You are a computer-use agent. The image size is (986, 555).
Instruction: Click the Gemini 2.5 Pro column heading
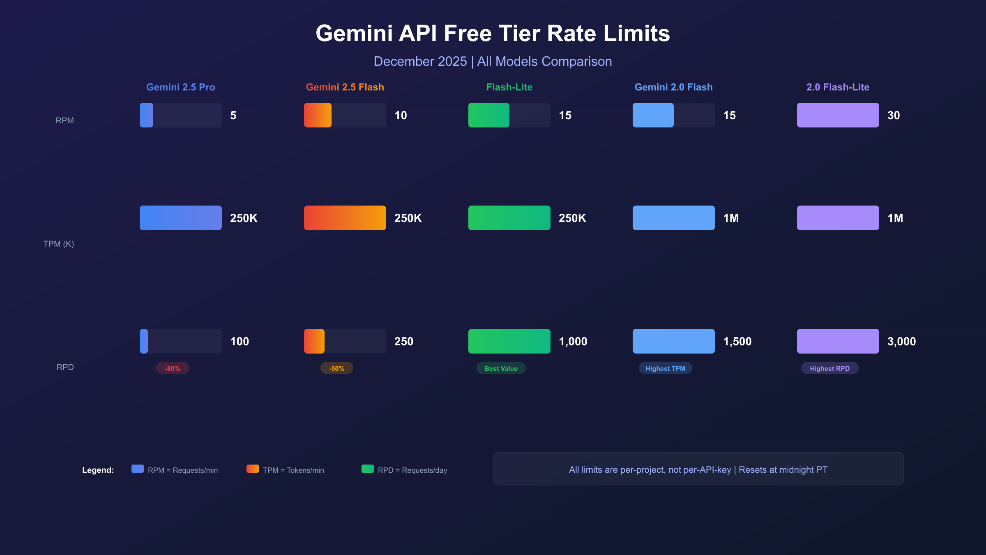[180, 87]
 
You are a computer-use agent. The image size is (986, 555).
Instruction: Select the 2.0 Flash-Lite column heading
[838, 87]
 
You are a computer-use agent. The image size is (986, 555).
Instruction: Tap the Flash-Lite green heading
[509, 87]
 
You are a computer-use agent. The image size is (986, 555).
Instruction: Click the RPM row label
[65, 120]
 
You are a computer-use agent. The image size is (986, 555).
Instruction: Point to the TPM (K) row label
[59, 244]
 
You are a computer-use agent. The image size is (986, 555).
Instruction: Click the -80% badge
[172, 368]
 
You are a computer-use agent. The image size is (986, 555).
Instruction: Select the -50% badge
[336, 368]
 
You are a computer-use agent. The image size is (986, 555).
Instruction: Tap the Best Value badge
[501, 368]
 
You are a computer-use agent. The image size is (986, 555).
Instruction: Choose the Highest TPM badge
[665, 368]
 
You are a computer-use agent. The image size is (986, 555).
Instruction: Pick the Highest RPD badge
[829, 368]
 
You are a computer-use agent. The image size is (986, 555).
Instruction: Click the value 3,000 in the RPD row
[901, 341]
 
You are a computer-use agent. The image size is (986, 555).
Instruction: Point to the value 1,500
[737, 341]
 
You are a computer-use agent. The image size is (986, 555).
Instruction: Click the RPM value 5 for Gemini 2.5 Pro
[233, 116]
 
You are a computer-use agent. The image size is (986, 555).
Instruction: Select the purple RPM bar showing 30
[838, 115]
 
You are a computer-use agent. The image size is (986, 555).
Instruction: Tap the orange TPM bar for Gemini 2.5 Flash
[345, 218]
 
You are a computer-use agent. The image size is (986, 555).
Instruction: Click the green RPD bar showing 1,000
[509, 341]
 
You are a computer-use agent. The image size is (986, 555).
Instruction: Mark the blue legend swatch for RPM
[137, 469]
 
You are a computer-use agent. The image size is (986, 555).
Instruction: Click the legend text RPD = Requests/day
[412, 470]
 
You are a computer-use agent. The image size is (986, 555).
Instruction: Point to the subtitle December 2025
[420, 61]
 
